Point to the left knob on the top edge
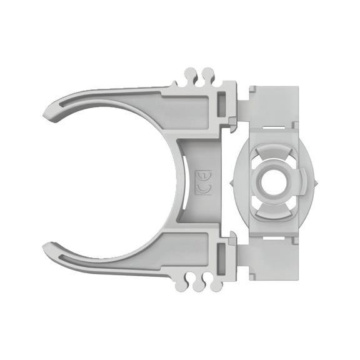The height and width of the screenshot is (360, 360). pyautogui.click(x=191, y=74)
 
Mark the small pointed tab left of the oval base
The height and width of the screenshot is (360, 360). pyautogui.click(x=232, y=182)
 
